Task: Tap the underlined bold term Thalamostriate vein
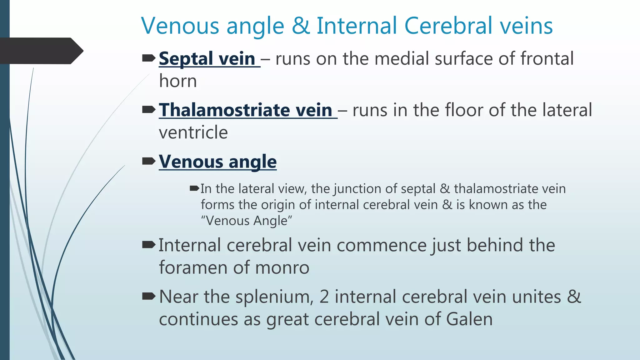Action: pyautogui.click(x=246, y=110)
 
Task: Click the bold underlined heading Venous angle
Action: pyautogui.click(x=218, y=162)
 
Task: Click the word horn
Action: pyautogui.click(x=178, y=81)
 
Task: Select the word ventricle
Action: pyautogui.click(x=193, y=132)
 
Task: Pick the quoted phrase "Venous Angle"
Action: pyautogui.click(x=246, y=221)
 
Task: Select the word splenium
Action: pyautogui.click(x=274, y=297)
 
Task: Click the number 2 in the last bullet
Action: pyautogui.click(x=324, y=297)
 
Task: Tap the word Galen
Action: pyautogui.click(x=469, y=319)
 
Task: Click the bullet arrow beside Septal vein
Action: pyautogui.click(x=149, y=58)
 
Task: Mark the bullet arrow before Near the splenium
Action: pyautogui.click(x=149, y=296)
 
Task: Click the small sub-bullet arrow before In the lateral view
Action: pyautogui.click(x=194, y=188)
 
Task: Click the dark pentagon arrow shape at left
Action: pyautogui.click(x=41, y=51)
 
